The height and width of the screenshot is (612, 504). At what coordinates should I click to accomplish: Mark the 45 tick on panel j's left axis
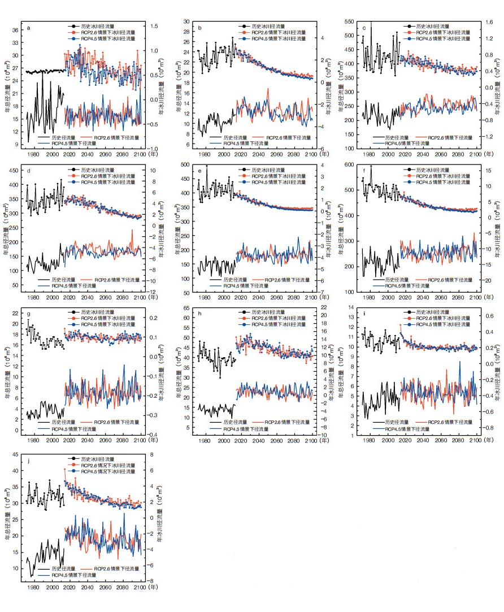point(15,454)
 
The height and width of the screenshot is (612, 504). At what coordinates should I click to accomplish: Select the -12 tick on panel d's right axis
point(152,293)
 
